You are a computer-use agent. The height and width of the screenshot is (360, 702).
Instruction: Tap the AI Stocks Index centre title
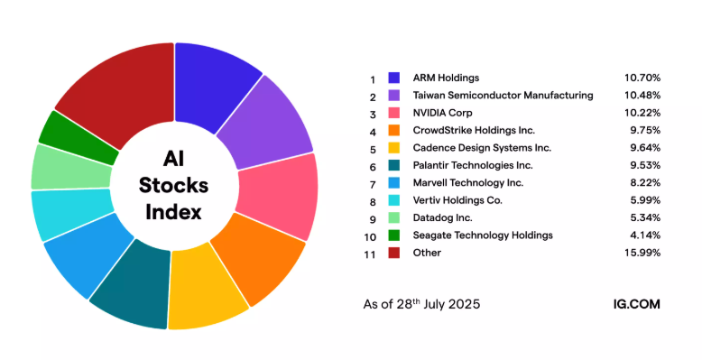pos(173,185)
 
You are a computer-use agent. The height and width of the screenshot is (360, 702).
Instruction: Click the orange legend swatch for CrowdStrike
pos(394,130)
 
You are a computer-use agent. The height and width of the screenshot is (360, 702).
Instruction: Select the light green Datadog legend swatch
pos(394,217)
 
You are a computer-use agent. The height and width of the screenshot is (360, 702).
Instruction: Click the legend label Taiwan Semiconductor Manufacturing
pos(503,95)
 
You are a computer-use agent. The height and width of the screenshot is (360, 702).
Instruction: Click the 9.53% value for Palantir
pos(644,165)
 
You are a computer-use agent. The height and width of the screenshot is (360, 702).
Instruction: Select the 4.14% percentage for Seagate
pos(644,235)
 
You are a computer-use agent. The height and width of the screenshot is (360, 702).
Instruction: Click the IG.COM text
pos(634,304)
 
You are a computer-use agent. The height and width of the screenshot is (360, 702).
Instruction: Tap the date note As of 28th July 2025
pos(415,304)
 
